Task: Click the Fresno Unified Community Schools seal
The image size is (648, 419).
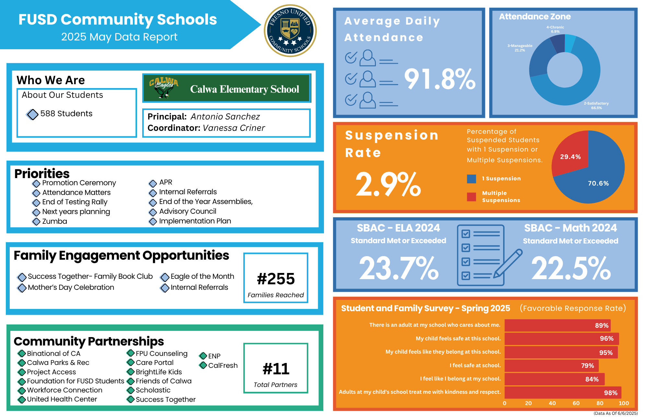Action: point(290,31)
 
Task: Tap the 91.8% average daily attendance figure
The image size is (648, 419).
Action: point(440,79)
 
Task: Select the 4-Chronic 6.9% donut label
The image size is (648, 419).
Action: point(555,29)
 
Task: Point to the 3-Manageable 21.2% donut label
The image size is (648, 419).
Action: point(520,48)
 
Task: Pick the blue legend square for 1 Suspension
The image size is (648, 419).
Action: point(471,179)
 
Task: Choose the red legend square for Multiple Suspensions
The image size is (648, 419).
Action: point(471,197)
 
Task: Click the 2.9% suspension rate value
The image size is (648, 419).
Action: point(388,184)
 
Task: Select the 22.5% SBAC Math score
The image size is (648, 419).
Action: point(571,268)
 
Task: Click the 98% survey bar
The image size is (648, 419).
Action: point(563,392)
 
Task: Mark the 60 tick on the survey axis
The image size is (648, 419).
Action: point(576,403)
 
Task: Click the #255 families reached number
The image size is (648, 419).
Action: point(276,279)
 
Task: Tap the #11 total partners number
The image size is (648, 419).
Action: point(276,369)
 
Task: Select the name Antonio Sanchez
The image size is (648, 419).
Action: point(225,117)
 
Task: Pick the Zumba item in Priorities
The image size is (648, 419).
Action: point(54,221)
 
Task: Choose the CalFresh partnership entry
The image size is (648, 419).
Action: point(223,366)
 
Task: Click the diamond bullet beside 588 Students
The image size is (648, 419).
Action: point(32,114)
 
